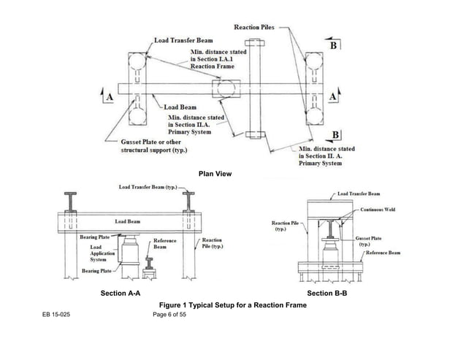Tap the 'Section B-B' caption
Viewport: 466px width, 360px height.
pyautogui.click(x=326, y=293)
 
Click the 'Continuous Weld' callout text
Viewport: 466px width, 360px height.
pyautogui.click(x=379, y=207)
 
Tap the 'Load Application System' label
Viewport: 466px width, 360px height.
pyautogui.click(x=93, y=253)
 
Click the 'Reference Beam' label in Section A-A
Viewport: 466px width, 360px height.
pyautogui.click(x=163, y=244)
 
